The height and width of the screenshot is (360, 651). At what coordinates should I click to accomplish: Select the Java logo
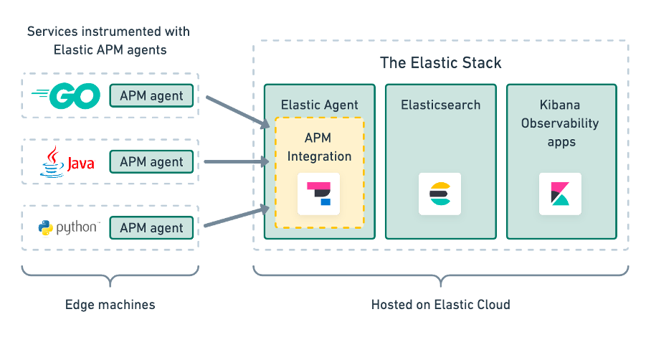click(x=67, y=162)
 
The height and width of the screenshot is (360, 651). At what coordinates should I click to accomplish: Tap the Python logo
click(x=68, y=228)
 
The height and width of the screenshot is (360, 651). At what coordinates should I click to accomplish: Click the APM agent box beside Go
click(x=151, y=96)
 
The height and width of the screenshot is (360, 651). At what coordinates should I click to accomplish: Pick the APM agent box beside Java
click(x=151, y=162)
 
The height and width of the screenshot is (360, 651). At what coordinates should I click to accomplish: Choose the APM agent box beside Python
click(x=151, y=228)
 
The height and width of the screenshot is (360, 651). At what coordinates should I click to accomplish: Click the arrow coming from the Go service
click(x=236, y=111)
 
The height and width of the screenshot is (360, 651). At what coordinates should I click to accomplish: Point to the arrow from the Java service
click(x=236, y=162)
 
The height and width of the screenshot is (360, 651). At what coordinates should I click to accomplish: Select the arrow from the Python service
click(x=236, y=217)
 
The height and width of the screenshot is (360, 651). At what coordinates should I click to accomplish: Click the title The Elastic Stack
click(x=440, y=62)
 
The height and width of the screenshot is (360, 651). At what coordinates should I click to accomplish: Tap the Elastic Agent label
click(x=319, y=105)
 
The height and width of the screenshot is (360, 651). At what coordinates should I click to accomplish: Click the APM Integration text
click(x=319, y=146)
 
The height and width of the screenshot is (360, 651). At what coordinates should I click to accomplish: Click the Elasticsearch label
click(x=440, y=105)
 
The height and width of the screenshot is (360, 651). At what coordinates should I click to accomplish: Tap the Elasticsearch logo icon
click(x=439, y=194)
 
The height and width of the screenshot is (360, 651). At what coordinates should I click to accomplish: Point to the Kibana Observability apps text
click(x=561, y=123)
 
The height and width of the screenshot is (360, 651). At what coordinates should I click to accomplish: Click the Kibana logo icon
click(x=560, y=194)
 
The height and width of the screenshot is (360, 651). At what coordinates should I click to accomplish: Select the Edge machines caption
click(x=110, y=305)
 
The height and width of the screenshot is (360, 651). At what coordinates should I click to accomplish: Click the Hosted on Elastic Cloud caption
click(x=440, y=305)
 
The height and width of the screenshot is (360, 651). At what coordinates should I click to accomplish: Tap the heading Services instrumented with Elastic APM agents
click(x=108, y=41)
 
